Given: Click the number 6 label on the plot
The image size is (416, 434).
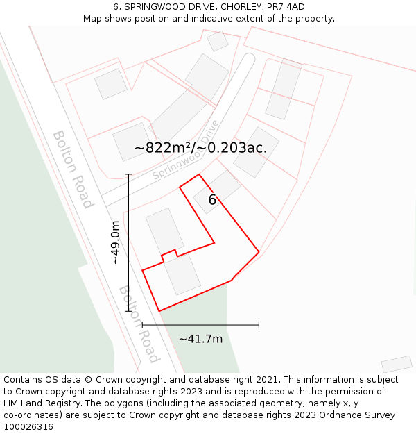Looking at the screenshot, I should click(x=212, y=200).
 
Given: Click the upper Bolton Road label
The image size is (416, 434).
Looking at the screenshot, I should click(x=73, y=169).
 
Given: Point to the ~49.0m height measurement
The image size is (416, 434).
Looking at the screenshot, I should click(x=116, y=242).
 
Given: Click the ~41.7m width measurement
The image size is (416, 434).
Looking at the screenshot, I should click(x=200, y=339).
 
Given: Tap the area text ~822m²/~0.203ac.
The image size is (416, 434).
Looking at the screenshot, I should click(x=200, y=148).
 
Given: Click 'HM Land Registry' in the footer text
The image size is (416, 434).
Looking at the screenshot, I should click(x=42, y=403).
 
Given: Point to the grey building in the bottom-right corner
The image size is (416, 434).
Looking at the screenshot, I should click(x=397, y=364).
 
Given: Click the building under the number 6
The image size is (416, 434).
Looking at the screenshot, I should click(x=216, y=192).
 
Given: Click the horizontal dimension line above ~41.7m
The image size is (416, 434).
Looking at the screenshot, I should click(x=200, y=324).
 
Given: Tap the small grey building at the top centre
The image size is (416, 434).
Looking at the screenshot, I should click(x=218, y=42).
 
